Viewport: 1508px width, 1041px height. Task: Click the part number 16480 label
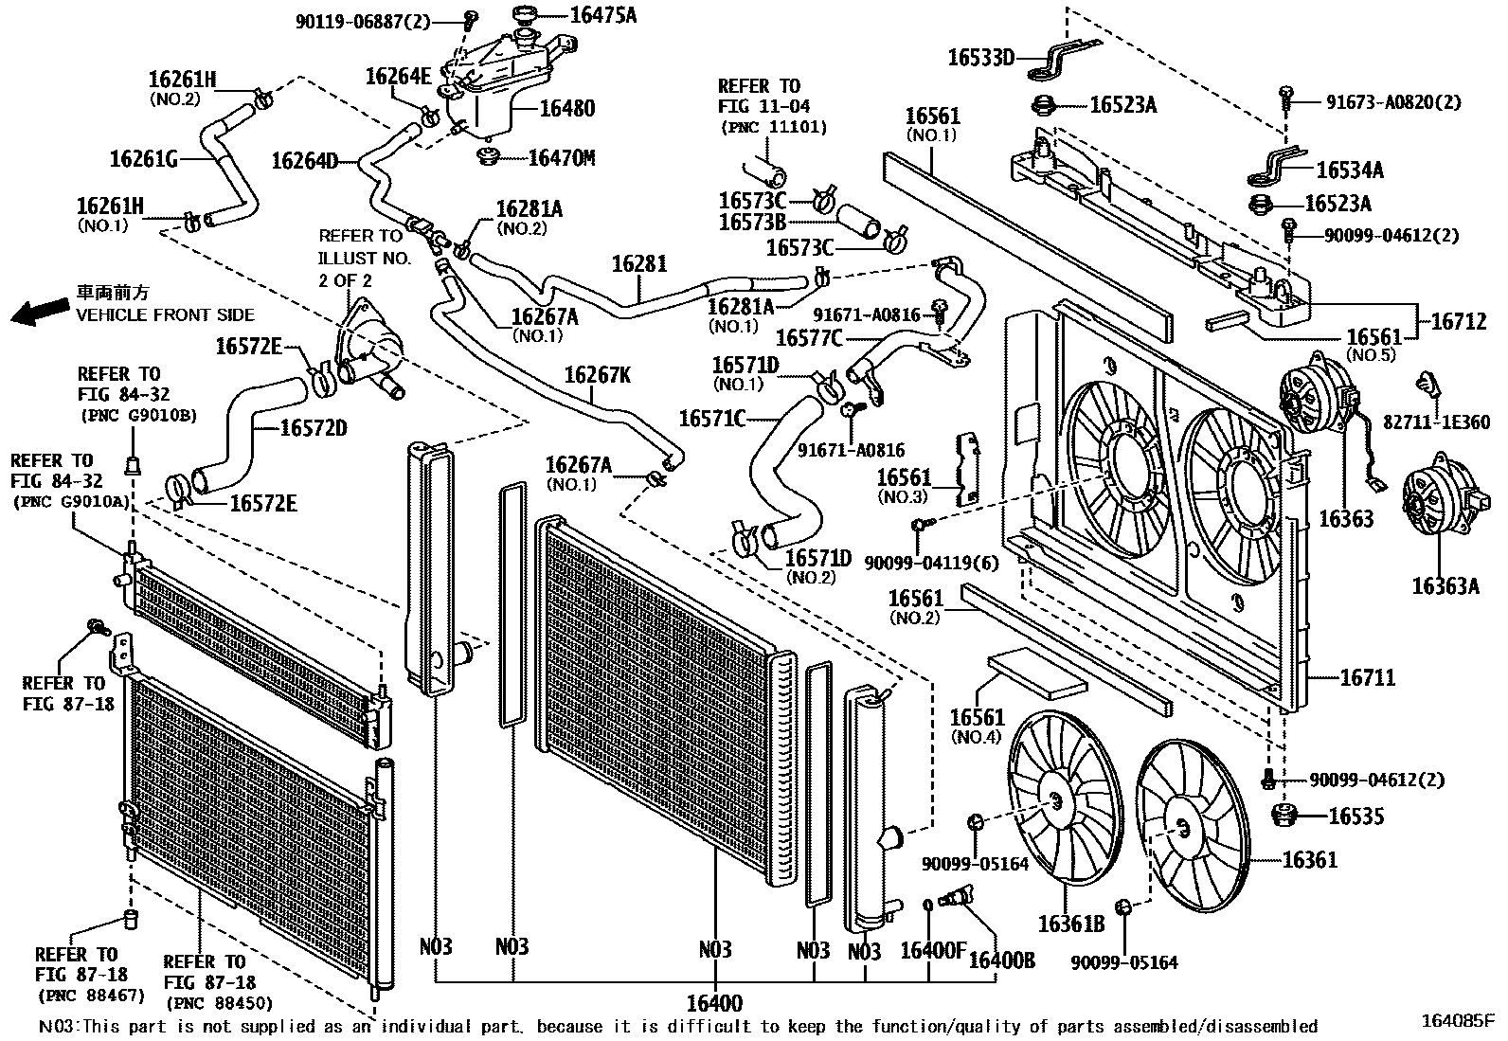click(566, 108)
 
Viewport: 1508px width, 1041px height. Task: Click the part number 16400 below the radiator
click(714, 1003)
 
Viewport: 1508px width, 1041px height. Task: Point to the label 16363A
click(1445, 587)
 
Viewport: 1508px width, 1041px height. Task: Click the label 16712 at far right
click(1458, 322)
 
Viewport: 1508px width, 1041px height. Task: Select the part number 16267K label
click(597, 375)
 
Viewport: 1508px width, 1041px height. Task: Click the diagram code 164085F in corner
click(1457, 1020)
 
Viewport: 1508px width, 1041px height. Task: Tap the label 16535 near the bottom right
click(1355, 817)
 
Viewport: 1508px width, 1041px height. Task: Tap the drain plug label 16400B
click(1001, 960)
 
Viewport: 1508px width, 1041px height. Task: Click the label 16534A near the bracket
click(1350, 171)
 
